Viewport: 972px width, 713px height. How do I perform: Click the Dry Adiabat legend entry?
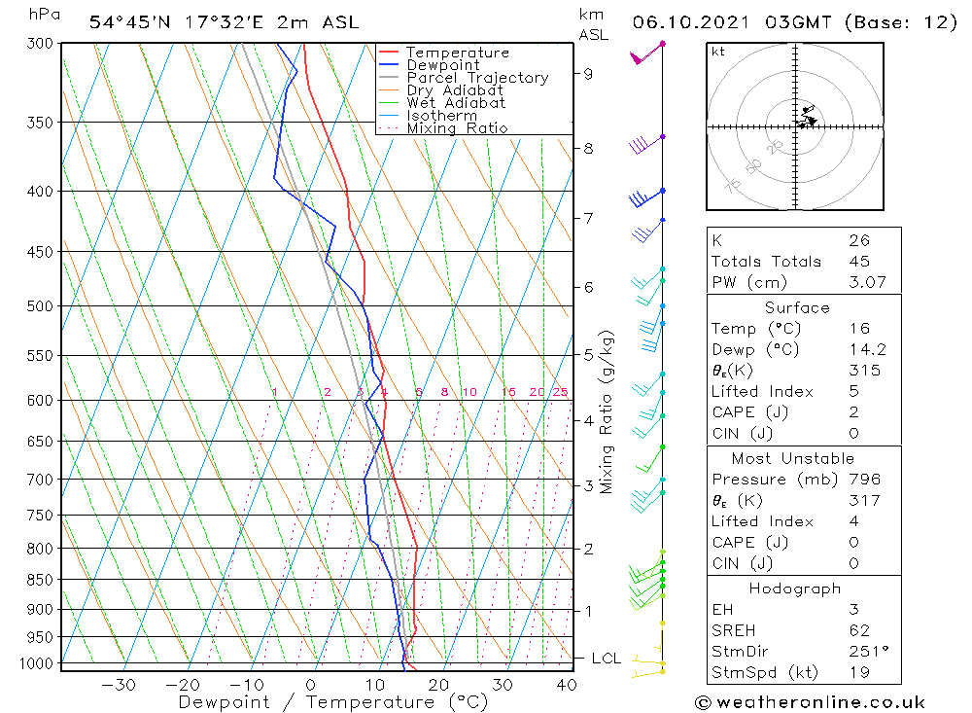coord(455,90)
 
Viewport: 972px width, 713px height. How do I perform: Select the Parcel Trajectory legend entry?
coord(477,78)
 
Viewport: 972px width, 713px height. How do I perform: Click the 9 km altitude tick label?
coord(588,73)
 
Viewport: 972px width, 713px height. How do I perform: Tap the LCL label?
coord(606,659)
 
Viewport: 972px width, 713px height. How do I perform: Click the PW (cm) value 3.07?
coord(859,283)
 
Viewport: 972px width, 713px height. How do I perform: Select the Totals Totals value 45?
coord(859,262)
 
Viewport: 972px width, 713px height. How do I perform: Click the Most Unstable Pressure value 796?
coord(864,480)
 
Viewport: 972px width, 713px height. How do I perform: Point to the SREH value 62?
coord(859,631)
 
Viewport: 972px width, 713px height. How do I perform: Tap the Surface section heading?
coord(797,308)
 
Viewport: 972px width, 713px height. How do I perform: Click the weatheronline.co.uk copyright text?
coord(810,702)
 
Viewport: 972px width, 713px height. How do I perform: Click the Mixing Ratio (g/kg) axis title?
coord(607,411)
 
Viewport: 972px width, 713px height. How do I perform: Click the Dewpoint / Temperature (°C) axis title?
coord(332,702)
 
